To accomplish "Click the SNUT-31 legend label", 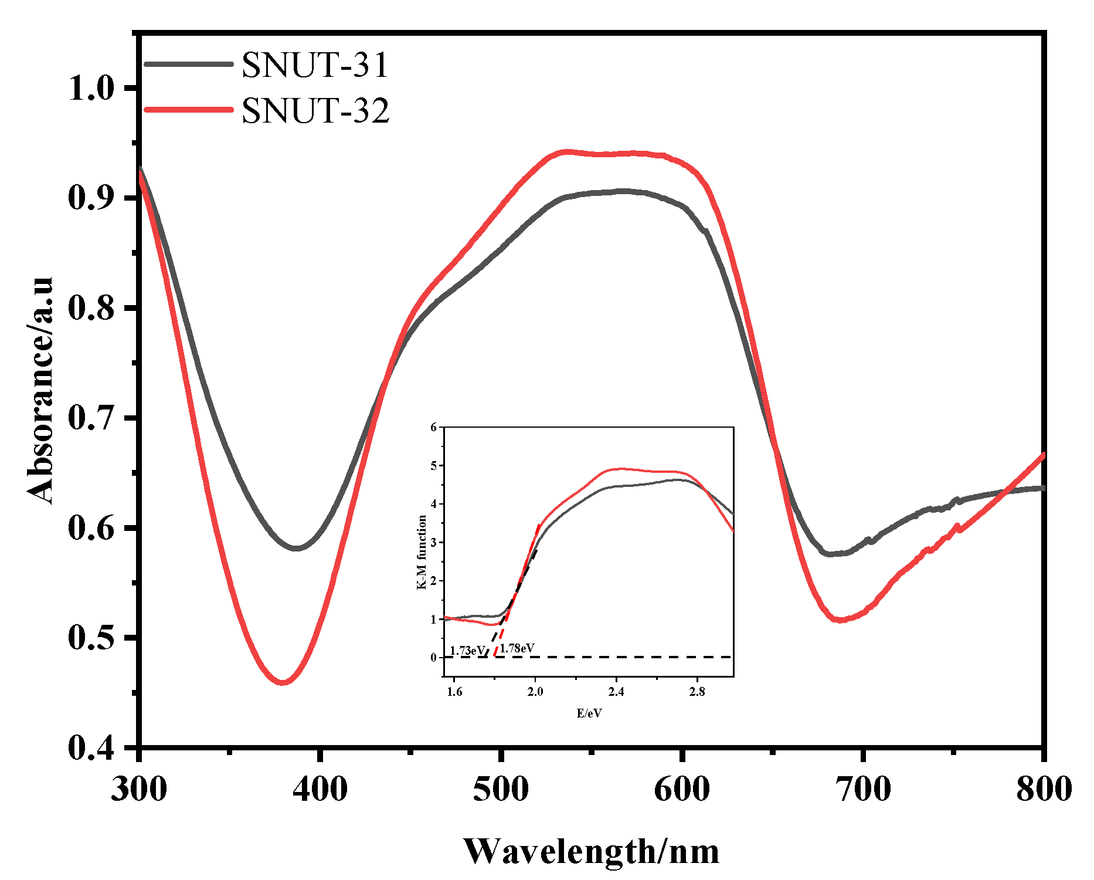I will pos(315,65).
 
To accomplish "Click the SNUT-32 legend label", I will pos(315,111).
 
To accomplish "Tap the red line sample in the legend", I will pos(189,110).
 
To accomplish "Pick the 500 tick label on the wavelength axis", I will pos(501,789).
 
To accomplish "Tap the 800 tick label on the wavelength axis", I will pos(1044,789).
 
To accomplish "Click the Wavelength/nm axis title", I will pos(592,851).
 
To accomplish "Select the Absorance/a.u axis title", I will pos(40,390).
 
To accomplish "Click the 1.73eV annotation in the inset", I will pos(467,651).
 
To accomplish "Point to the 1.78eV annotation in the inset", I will pos(517,648).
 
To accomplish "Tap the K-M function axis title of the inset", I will pos(422,552).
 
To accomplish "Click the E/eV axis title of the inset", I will pos(589,713).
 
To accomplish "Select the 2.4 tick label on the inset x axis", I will pos(616,692).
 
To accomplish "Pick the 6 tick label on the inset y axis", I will pos(434,427).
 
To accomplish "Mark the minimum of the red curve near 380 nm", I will pos(282,682).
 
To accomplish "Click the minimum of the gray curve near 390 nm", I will pos(296,549).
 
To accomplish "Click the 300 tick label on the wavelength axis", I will pos(139,789).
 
